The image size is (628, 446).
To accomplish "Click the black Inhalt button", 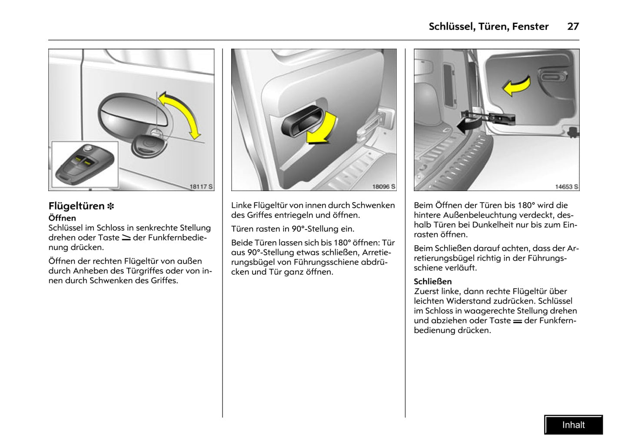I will point(573,425).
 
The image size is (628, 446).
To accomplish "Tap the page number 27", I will point(573,27).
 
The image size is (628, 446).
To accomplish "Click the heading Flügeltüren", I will point(76,206).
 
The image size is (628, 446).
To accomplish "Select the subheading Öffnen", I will point(62,218).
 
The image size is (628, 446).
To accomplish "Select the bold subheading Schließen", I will point(432,281).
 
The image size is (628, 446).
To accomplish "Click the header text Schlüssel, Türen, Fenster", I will point(488,27).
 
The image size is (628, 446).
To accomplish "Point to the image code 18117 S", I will point(201,186).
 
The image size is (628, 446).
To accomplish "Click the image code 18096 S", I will point(383,186).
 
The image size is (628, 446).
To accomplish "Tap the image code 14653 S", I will point(566,186).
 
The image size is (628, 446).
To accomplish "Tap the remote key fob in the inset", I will point(85,164).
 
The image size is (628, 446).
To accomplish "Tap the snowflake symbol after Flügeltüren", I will point(111,206).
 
